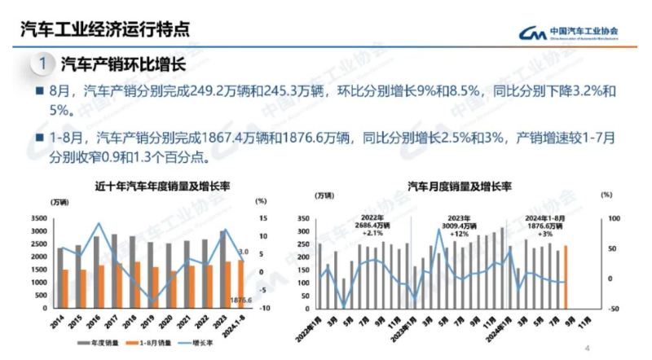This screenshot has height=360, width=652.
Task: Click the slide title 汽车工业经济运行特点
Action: [105, 29]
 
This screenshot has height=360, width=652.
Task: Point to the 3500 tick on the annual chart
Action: [38, 219]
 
